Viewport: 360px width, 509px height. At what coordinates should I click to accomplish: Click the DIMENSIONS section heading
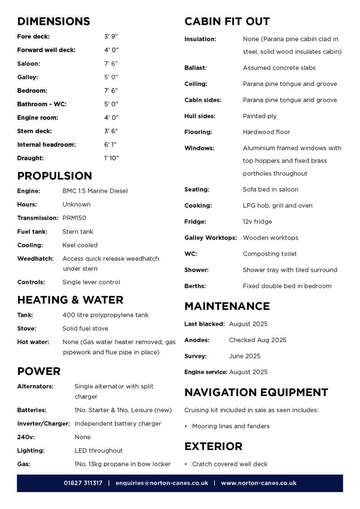click(54, 22)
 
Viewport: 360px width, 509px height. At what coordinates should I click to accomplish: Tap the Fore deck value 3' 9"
click(111, 36)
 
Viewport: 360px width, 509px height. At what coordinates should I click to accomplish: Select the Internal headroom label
click(46, 144)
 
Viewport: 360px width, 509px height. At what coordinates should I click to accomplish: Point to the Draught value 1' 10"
click(111, 158)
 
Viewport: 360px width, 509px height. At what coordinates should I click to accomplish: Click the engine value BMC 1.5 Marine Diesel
click(95, 191)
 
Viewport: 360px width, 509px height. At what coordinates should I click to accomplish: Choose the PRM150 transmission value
click(74, 218)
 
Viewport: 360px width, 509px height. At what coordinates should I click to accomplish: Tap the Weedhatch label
click(35, 259)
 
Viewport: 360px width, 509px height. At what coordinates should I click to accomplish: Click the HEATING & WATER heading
click(70, 300)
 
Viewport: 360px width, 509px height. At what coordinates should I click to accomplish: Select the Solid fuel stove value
click(85, 329)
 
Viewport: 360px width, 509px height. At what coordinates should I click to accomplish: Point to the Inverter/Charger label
click(44, 423)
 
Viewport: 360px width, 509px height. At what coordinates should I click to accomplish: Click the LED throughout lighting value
click(99, 450)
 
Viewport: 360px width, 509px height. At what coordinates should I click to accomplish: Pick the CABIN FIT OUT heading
click(227, 22)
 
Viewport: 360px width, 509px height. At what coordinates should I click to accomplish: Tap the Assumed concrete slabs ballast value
click(279, 68)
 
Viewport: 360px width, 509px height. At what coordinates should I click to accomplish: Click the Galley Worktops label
click(211, 238)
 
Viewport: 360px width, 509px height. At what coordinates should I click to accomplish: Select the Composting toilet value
click(270, 254)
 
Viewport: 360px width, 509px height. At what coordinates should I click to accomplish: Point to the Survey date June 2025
click(244, 356)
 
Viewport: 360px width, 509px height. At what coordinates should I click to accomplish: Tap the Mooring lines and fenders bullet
click(230, 426)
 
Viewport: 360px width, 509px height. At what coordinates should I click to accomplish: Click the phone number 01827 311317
click(83, 483)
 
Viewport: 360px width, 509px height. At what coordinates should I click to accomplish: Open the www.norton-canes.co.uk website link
click(258, 483)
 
